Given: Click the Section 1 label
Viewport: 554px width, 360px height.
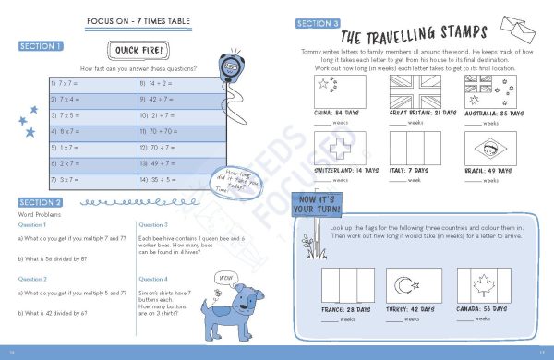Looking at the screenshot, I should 41,46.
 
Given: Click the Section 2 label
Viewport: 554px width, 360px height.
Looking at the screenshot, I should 41,203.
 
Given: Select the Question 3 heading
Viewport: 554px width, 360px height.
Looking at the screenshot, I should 152,224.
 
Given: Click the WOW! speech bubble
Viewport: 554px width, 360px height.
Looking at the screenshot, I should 225,277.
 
